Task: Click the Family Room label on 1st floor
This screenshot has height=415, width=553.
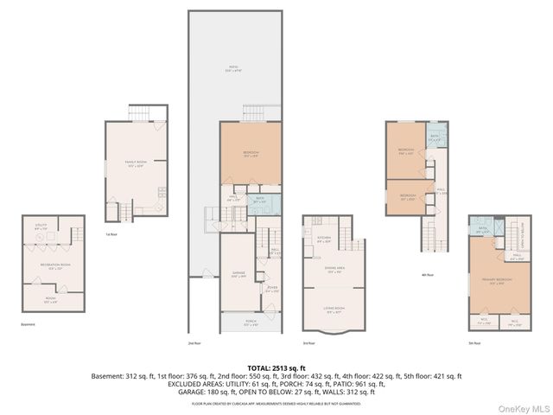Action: click(x=134, y=164)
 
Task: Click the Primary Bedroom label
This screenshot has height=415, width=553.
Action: click(x=496, y=282)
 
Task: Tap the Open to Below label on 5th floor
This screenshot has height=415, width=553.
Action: click(x=521, y=231)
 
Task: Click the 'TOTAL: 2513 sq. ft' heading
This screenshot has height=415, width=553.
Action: click(x=276, y=368)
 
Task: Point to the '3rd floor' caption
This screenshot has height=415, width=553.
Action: click(x=308, y=343)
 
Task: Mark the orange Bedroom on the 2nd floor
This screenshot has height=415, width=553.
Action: click(x=250, y=156)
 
